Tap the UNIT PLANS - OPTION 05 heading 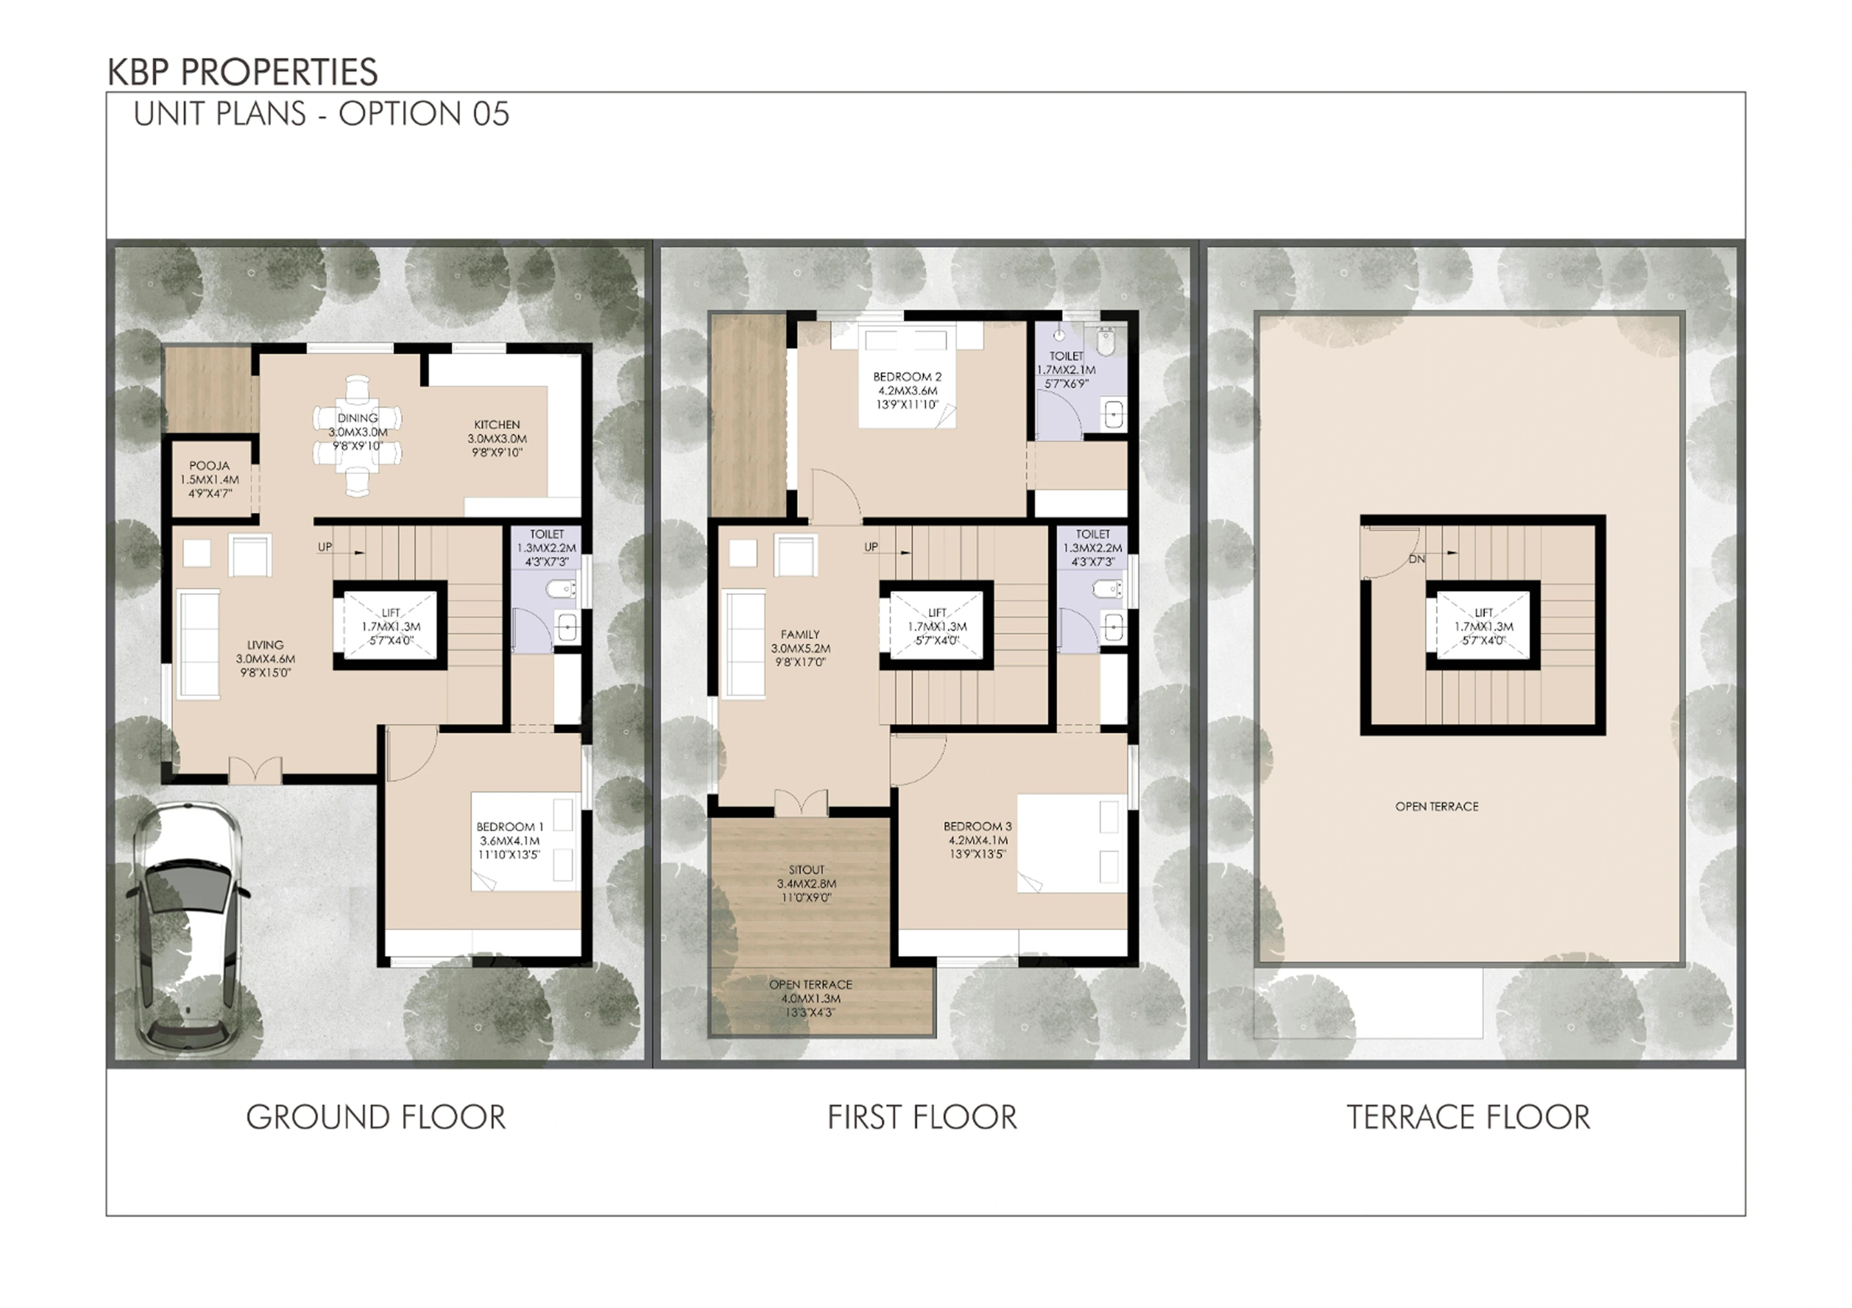[322, 114]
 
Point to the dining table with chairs [357, 435]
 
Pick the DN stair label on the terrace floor [1417, 559]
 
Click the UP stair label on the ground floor [325, 547]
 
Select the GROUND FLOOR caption [376, 1118]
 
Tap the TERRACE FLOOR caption [1469, 1118]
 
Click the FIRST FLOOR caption [923, 1118]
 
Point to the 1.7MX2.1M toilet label [1066, 369]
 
